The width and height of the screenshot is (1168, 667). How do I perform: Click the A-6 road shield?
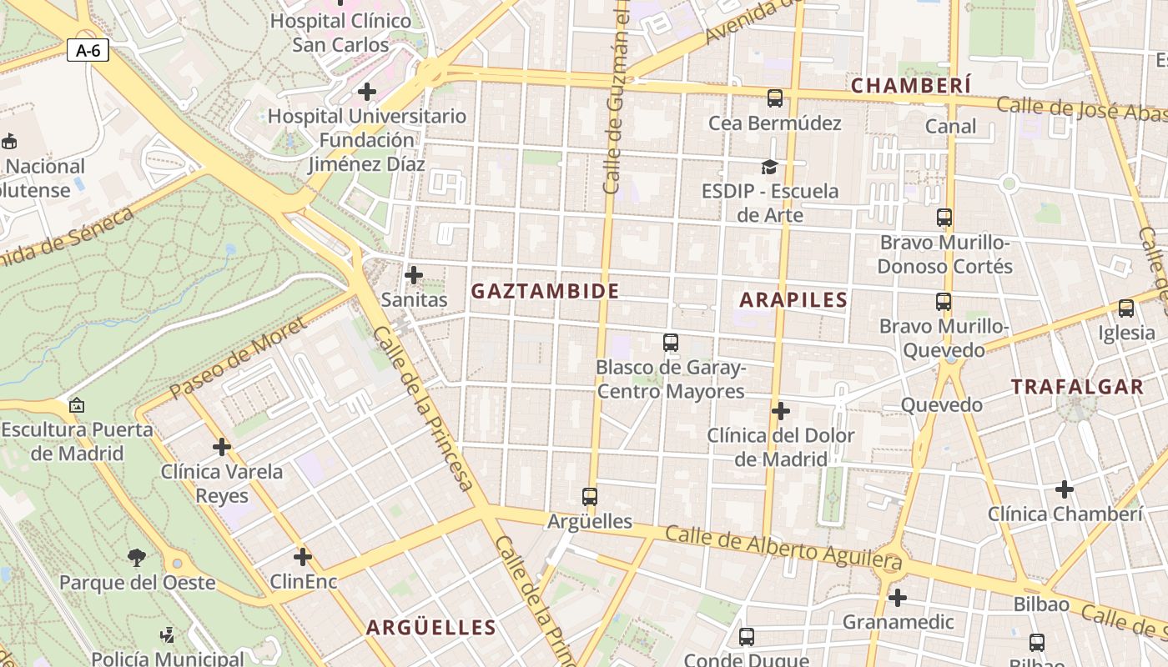(88, 50)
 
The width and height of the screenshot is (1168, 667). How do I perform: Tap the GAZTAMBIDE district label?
(545, 291)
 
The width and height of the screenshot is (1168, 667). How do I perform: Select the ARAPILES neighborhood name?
(793, 300)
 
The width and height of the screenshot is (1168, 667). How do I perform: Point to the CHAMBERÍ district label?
(911, 85)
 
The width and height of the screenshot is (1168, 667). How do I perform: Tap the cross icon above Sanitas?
(413, 274)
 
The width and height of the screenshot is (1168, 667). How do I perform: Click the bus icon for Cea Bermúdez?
(775, 98)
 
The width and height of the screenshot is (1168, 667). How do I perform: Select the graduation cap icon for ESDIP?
(769, 168)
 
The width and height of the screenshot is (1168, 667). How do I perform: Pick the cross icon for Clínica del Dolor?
(781, 411)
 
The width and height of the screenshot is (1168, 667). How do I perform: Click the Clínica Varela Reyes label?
(222, 484)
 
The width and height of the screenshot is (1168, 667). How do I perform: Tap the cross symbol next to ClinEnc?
(303, 557)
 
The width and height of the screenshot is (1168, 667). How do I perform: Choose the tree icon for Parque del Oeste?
(137, 557)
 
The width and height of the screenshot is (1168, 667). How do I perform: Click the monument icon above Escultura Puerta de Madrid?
(77, 405)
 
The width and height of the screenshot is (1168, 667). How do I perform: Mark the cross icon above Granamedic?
(898, 598)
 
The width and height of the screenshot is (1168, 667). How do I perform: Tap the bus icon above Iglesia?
(1126, 308)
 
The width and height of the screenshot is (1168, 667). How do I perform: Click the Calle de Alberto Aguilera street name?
(784, 550)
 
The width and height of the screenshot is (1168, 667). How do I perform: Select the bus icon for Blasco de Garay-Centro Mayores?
(671, 343)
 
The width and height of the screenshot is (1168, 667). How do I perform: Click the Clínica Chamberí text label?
(1065, 514)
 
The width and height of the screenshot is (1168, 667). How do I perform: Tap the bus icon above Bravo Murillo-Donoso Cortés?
(944, 218)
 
